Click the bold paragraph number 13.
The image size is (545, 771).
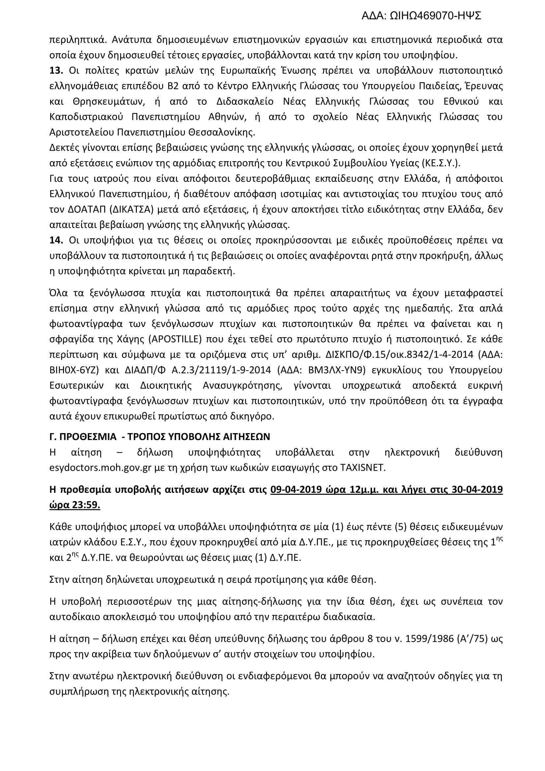(x=56, y=71)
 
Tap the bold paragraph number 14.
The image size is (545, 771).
(x=56, y=240)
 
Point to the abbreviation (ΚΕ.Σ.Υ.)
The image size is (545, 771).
(x=440, y=163)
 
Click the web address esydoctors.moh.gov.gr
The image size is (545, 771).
(x=101, y=468)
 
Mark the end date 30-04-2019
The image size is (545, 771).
(x=477, y=490)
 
